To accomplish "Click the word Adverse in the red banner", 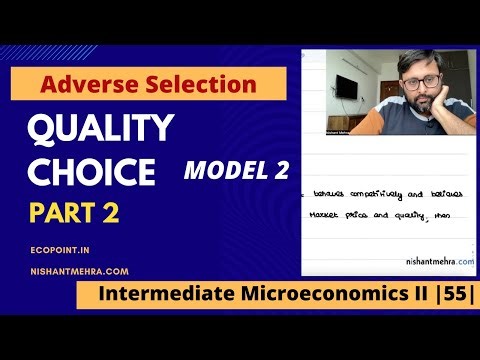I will click(x=87, y=85).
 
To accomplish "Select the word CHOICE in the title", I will click(x=92, y=172).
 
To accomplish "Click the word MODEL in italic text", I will click(x=221, y=171).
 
